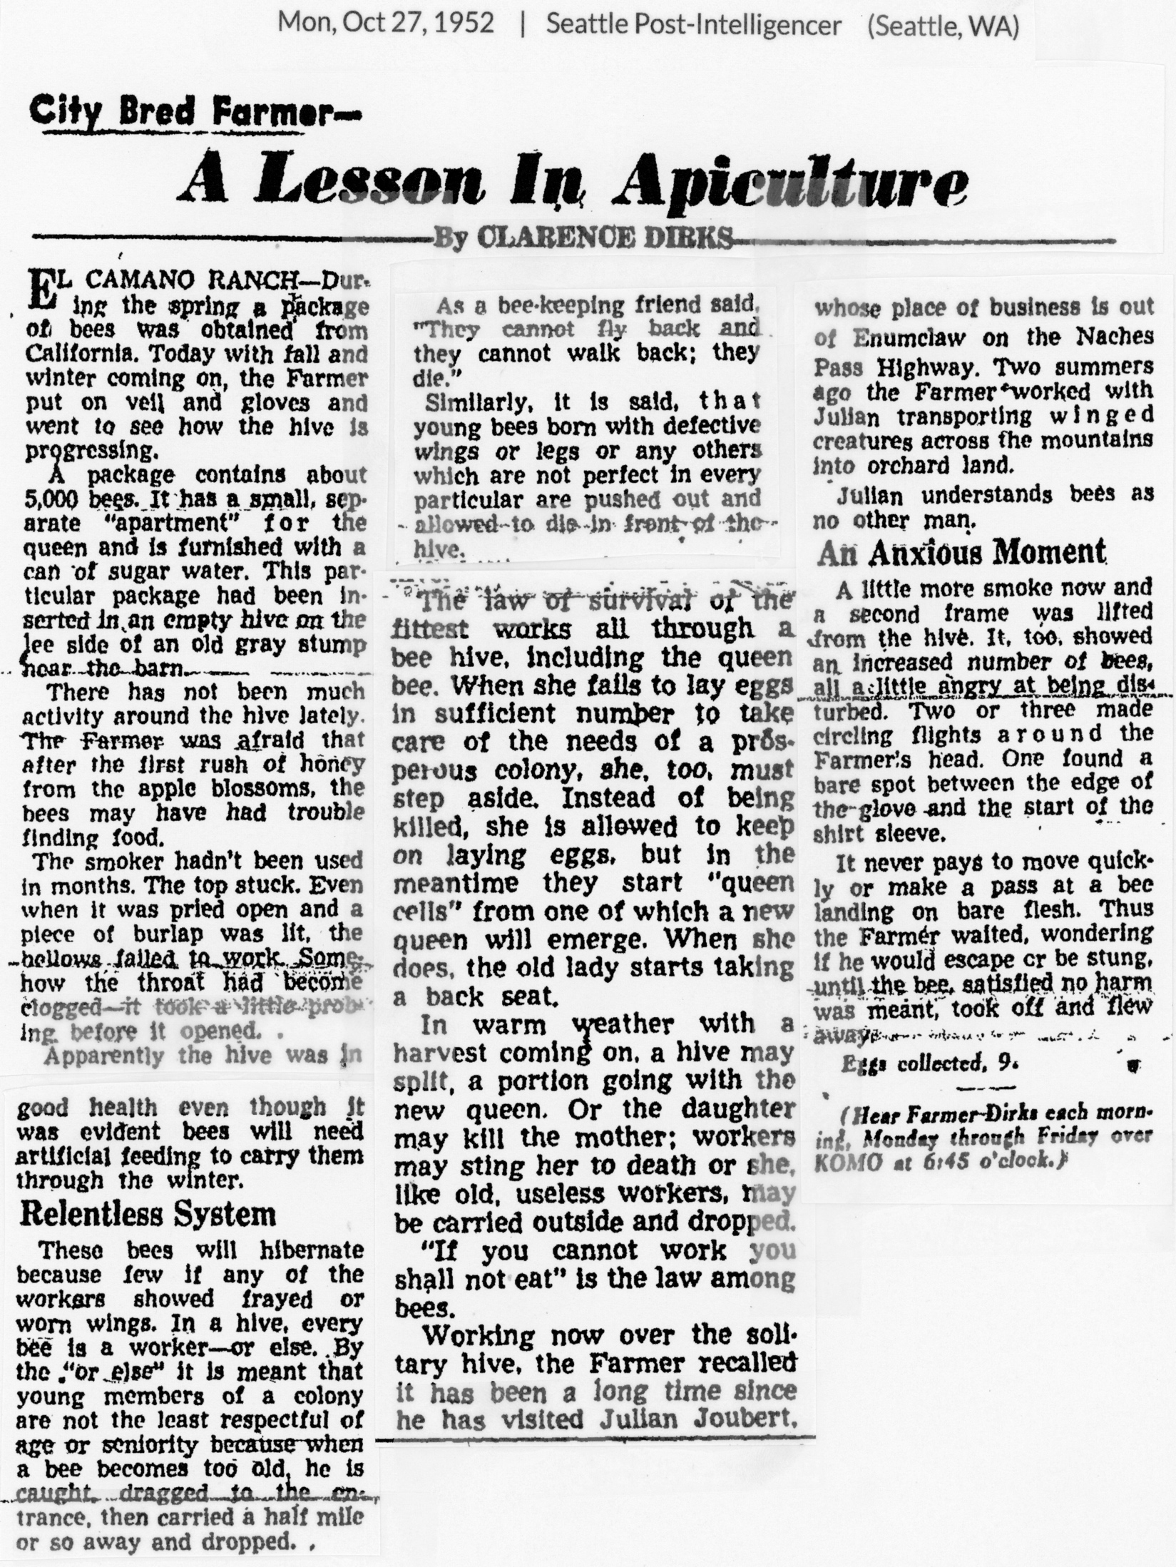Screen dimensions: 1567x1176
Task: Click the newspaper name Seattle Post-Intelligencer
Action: (693, 25)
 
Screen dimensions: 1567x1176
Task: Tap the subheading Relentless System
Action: (148, 1213)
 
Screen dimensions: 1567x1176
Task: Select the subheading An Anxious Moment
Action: (961, 553)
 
